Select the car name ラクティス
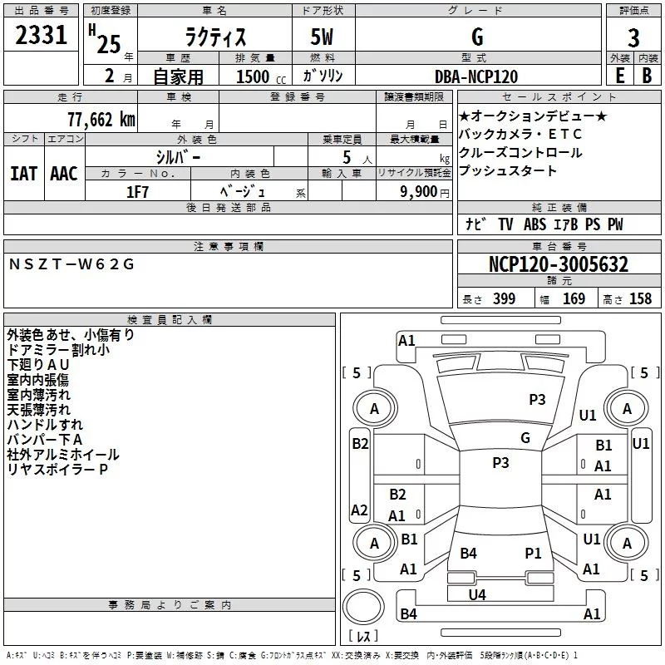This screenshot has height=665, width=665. point(214,38)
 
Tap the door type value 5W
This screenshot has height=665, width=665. point(323,38)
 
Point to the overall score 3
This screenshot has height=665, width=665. point(633,37)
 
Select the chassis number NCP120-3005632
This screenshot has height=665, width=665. point(558,265)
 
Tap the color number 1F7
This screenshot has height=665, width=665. point(138,191)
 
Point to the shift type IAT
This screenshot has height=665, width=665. point(24,174)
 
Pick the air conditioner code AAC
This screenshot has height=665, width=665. point(64,174)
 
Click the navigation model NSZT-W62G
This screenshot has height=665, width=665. point(71,265)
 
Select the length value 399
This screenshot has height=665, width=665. point(503,299)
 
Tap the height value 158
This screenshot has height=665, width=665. point(640,299)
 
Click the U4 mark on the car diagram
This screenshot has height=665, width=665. point(476,594)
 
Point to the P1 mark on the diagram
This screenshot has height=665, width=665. point(533,553)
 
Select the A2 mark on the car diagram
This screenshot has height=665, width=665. point(359,510)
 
